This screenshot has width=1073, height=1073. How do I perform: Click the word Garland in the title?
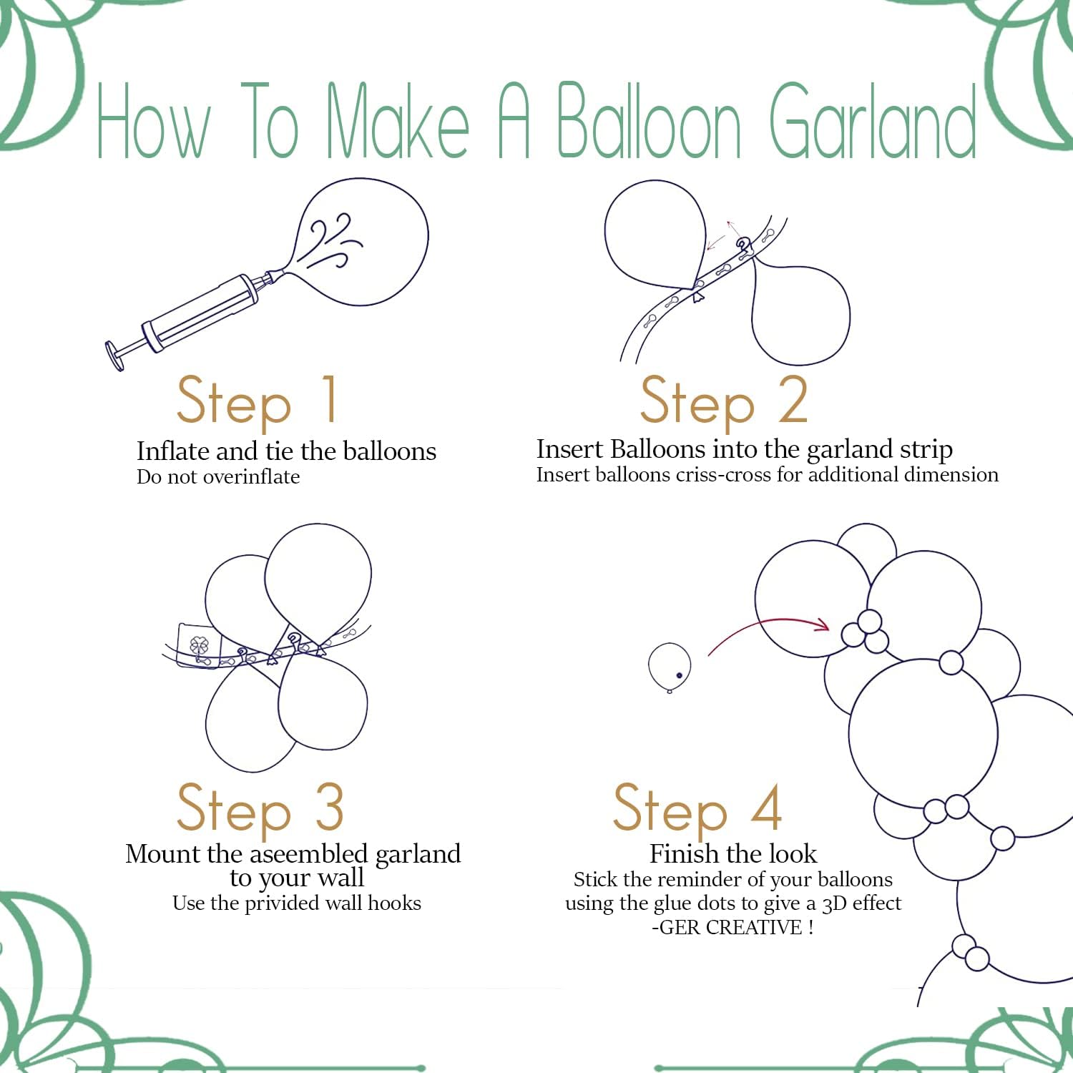(873, 122)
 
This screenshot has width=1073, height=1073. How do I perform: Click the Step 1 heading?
(256, 401)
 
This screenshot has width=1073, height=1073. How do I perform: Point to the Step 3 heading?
(260, 808)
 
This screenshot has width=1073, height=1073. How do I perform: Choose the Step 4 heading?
(697, 808)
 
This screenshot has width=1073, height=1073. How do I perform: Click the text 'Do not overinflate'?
(218, 477)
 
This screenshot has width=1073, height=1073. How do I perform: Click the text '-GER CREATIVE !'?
(733, 928)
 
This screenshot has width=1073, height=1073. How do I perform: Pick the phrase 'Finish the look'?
(733, 854)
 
